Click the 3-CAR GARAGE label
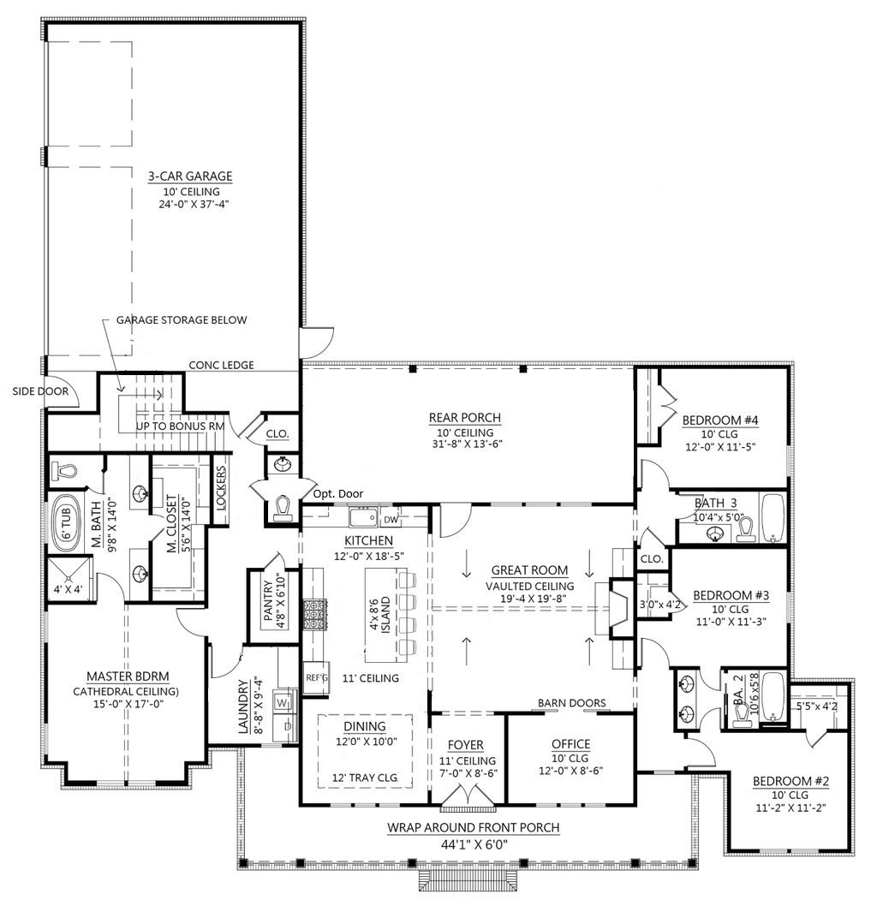tap(189, 176)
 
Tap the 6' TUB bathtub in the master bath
tap(66, 523)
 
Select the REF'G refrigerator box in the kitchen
tap(316, 677)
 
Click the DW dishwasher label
tap(391, 520)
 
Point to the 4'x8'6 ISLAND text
tap(380, 616)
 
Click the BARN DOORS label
tap(572, 703)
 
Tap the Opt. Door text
tap(338, 494)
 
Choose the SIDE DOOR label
tap(41, 391)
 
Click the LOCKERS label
tap(221, 488)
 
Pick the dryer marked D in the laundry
tap(286, 727)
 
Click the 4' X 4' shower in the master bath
tap(69, 578)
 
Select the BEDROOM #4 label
tap(720, 420)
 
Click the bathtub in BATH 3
tap(773, 518)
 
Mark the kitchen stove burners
tap(315, 614)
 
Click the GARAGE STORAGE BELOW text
tap(182, 320)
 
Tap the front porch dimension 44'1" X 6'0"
tap(474, 844)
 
